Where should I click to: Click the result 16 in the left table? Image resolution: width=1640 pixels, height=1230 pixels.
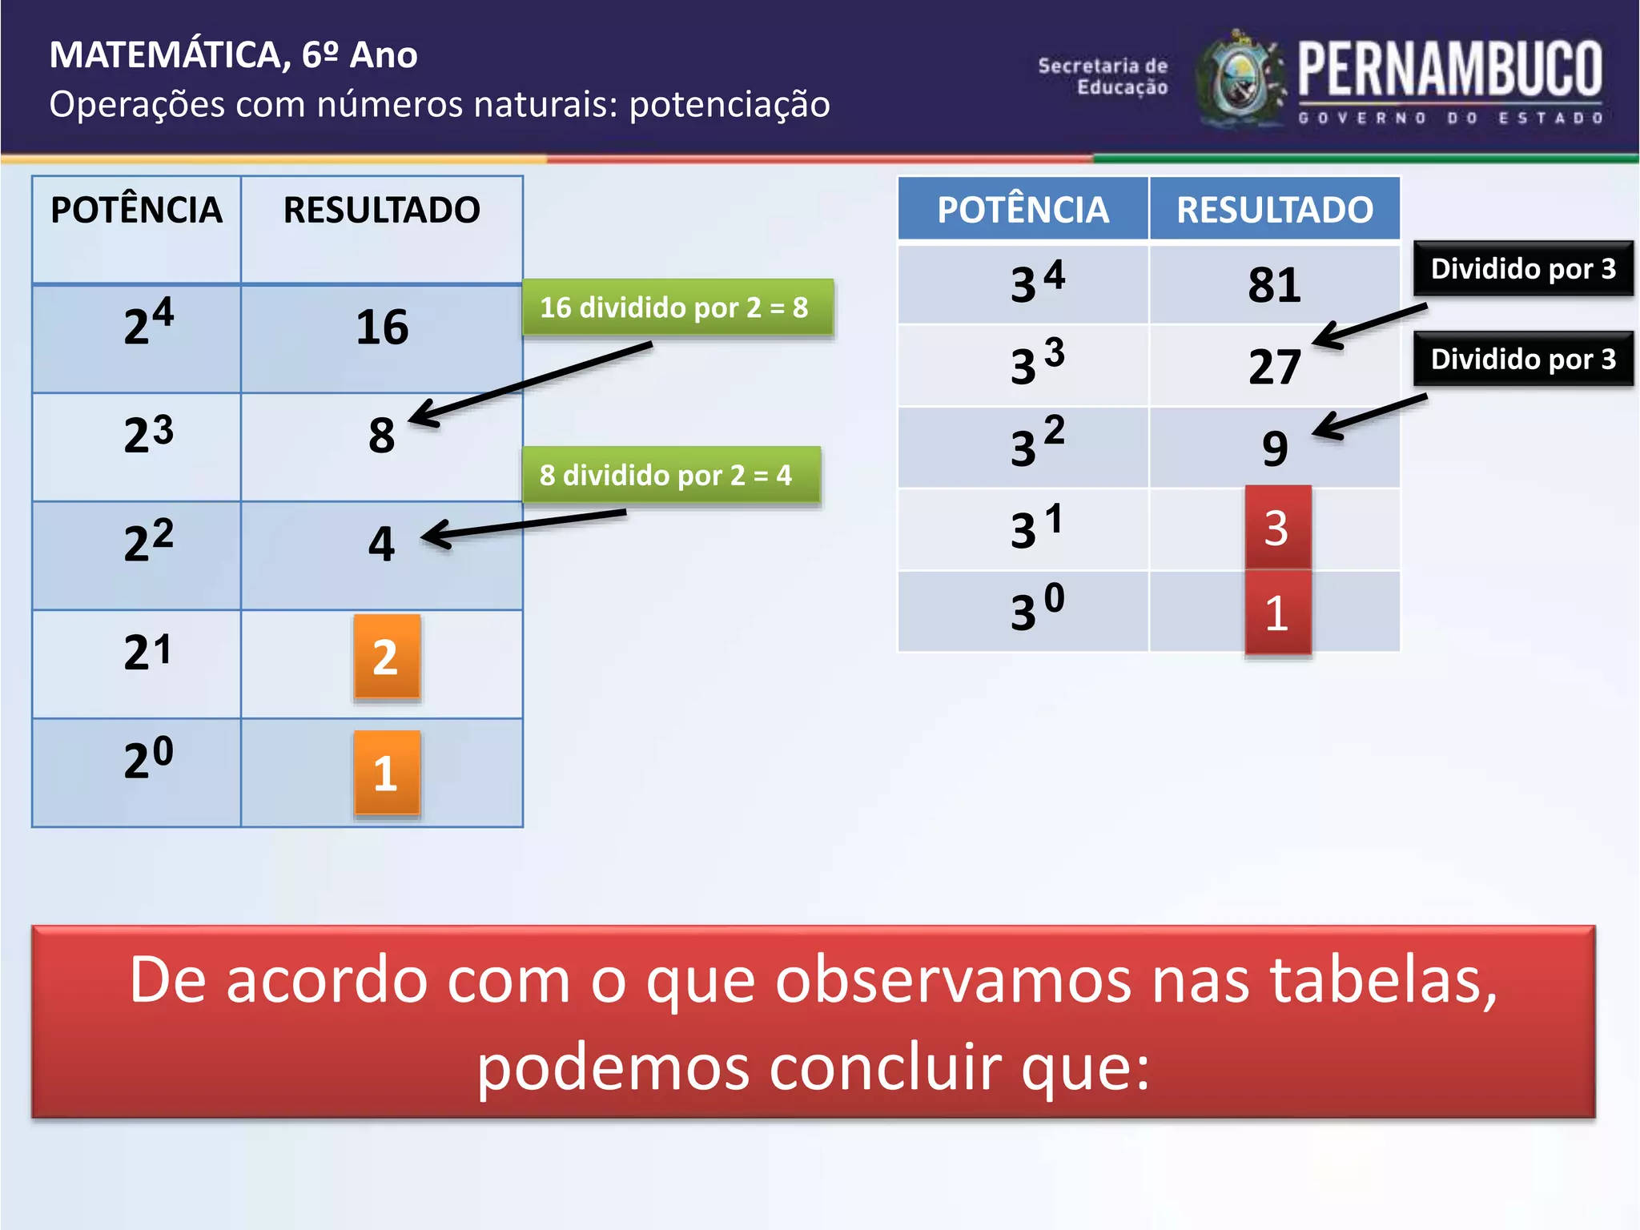pos(382,328)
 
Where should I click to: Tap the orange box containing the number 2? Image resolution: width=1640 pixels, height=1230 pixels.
pos(387,657)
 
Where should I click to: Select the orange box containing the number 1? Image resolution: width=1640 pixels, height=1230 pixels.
pos(387,773)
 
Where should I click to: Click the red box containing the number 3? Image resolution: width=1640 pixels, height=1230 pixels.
pos(1277,528)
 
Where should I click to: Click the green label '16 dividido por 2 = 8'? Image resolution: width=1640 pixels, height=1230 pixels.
pos(677,307)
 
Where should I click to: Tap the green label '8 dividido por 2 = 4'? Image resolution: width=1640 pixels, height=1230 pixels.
pos(670,475)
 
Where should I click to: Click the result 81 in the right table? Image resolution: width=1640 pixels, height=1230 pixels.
pos(1274,284)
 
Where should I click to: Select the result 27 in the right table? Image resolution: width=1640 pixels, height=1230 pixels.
pos(1274,367)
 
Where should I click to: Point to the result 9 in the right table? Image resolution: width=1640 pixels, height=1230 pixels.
pos(1275,448)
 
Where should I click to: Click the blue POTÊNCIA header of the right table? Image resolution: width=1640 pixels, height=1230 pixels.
pos(1023,209)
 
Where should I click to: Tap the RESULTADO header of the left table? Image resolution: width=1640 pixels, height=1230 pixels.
pos(381,210)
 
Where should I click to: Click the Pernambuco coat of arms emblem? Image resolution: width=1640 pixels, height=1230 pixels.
pos(1240,81)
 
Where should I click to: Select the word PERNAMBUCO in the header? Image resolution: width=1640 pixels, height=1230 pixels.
pos(1449,70)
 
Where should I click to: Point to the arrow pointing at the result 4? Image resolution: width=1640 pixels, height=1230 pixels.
pos(521,525)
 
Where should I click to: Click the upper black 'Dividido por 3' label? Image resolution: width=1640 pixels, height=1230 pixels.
pos(1522,269)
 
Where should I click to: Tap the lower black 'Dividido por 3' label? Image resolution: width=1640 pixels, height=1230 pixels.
pos(1522,359)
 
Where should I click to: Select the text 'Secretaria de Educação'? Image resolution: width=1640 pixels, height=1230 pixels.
pos(1103,76)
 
